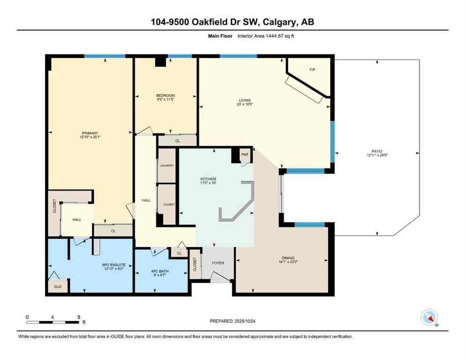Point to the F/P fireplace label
[x=312, y=70]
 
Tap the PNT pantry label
[x=244, y=154]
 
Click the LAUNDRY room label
[x=167, y=165]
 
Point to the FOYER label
[x=218, y=263]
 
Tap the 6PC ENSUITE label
[x=112, y=266]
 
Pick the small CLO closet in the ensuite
[x=57, y=286]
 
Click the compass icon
[x=428, y=317]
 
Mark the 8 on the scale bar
[x=79, y=317]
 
